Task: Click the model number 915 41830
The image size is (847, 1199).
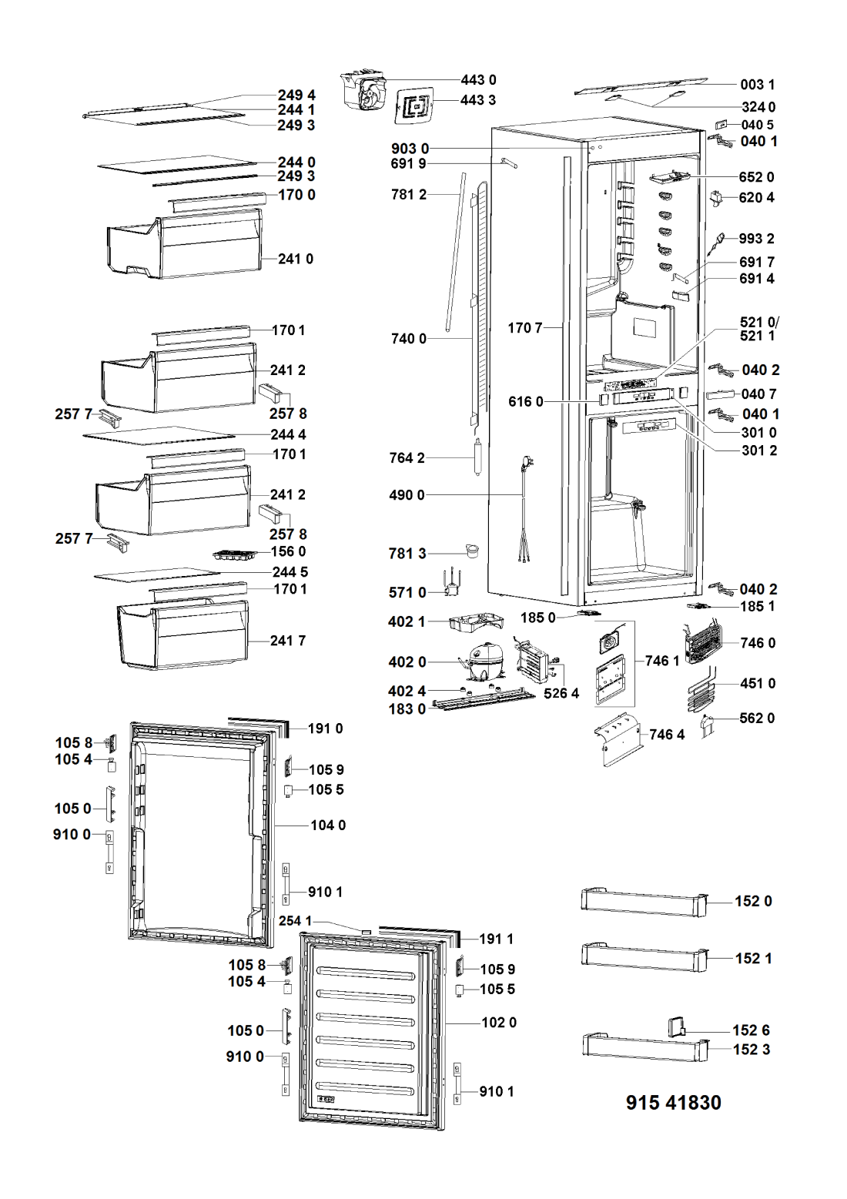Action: (x=674, y=1103)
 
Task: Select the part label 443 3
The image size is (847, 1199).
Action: (x=478, y=101)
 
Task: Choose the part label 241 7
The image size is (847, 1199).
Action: (x=288, y=640)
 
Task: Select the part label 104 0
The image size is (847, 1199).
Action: (x=328, y=826)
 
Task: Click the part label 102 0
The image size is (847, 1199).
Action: (x=499, y=1023)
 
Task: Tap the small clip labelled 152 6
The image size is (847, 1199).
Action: (x=675, y=1029)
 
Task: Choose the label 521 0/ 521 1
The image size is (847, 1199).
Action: (x=759, y=329)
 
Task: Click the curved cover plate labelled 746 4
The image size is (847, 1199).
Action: (x=618, y=738)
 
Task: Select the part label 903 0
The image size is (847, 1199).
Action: (x=410, y=149)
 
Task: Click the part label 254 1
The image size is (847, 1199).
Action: (x=296, y=921)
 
